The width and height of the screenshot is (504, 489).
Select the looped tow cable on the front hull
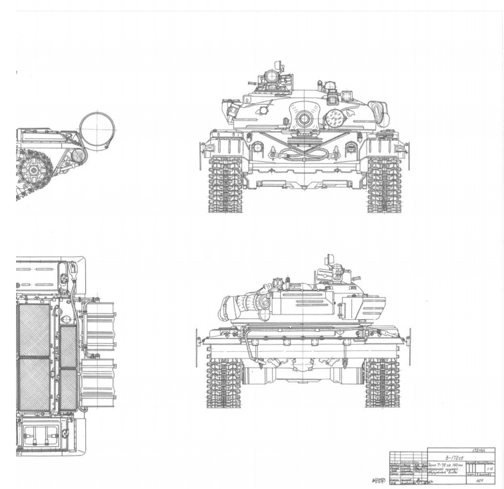304,153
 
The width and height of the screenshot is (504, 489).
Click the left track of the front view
225,185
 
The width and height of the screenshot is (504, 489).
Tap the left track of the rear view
223,382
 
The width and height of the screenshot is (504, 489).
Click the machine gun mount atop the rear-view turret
333,266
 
